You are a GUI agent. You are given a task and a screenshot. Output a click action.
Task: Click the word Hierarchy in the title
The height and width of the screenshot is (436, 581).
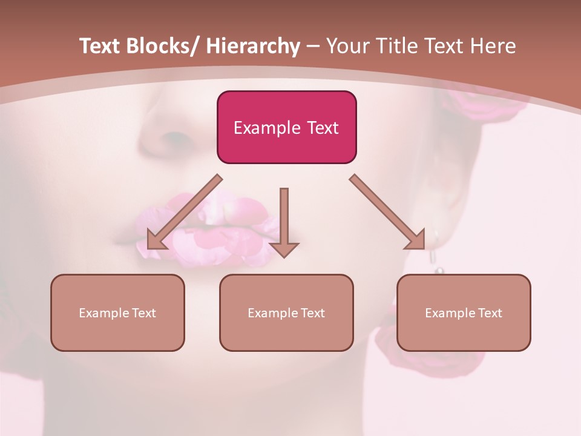[x=253, y=46]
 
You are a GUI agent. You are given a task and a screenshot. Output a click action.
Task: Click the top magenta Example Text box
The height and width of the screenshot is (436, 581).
[x=286, y=127]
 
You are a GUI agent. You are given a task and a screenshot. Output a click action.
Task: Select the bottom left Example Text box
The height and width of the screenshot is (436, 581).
[x=117, y=312]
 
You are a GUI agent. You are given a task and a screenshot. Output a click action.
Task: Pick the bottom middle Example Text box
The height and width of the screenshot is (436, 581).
[x=286, y=312]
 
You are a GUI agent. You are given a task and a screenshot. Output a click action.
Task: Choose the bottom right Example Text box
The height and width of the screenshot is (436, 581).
[x=464, y=312]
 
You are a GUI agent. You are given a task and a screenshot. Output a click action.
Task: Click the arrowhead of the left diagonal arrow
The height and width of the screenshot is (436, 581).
[x=156, y=240]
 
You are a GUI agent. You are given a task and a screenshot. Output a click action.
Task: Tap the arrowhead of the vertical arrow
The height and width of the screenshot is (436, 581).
[x=284, y=249]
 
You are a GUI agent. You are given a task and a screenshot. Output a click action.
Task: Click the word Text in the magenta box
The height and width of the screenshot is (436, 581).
[x=322, y=128]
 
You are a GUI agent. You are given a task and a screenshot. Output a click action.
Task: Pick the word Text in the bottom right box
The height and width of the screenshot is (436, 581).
[x=490, y=313]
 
